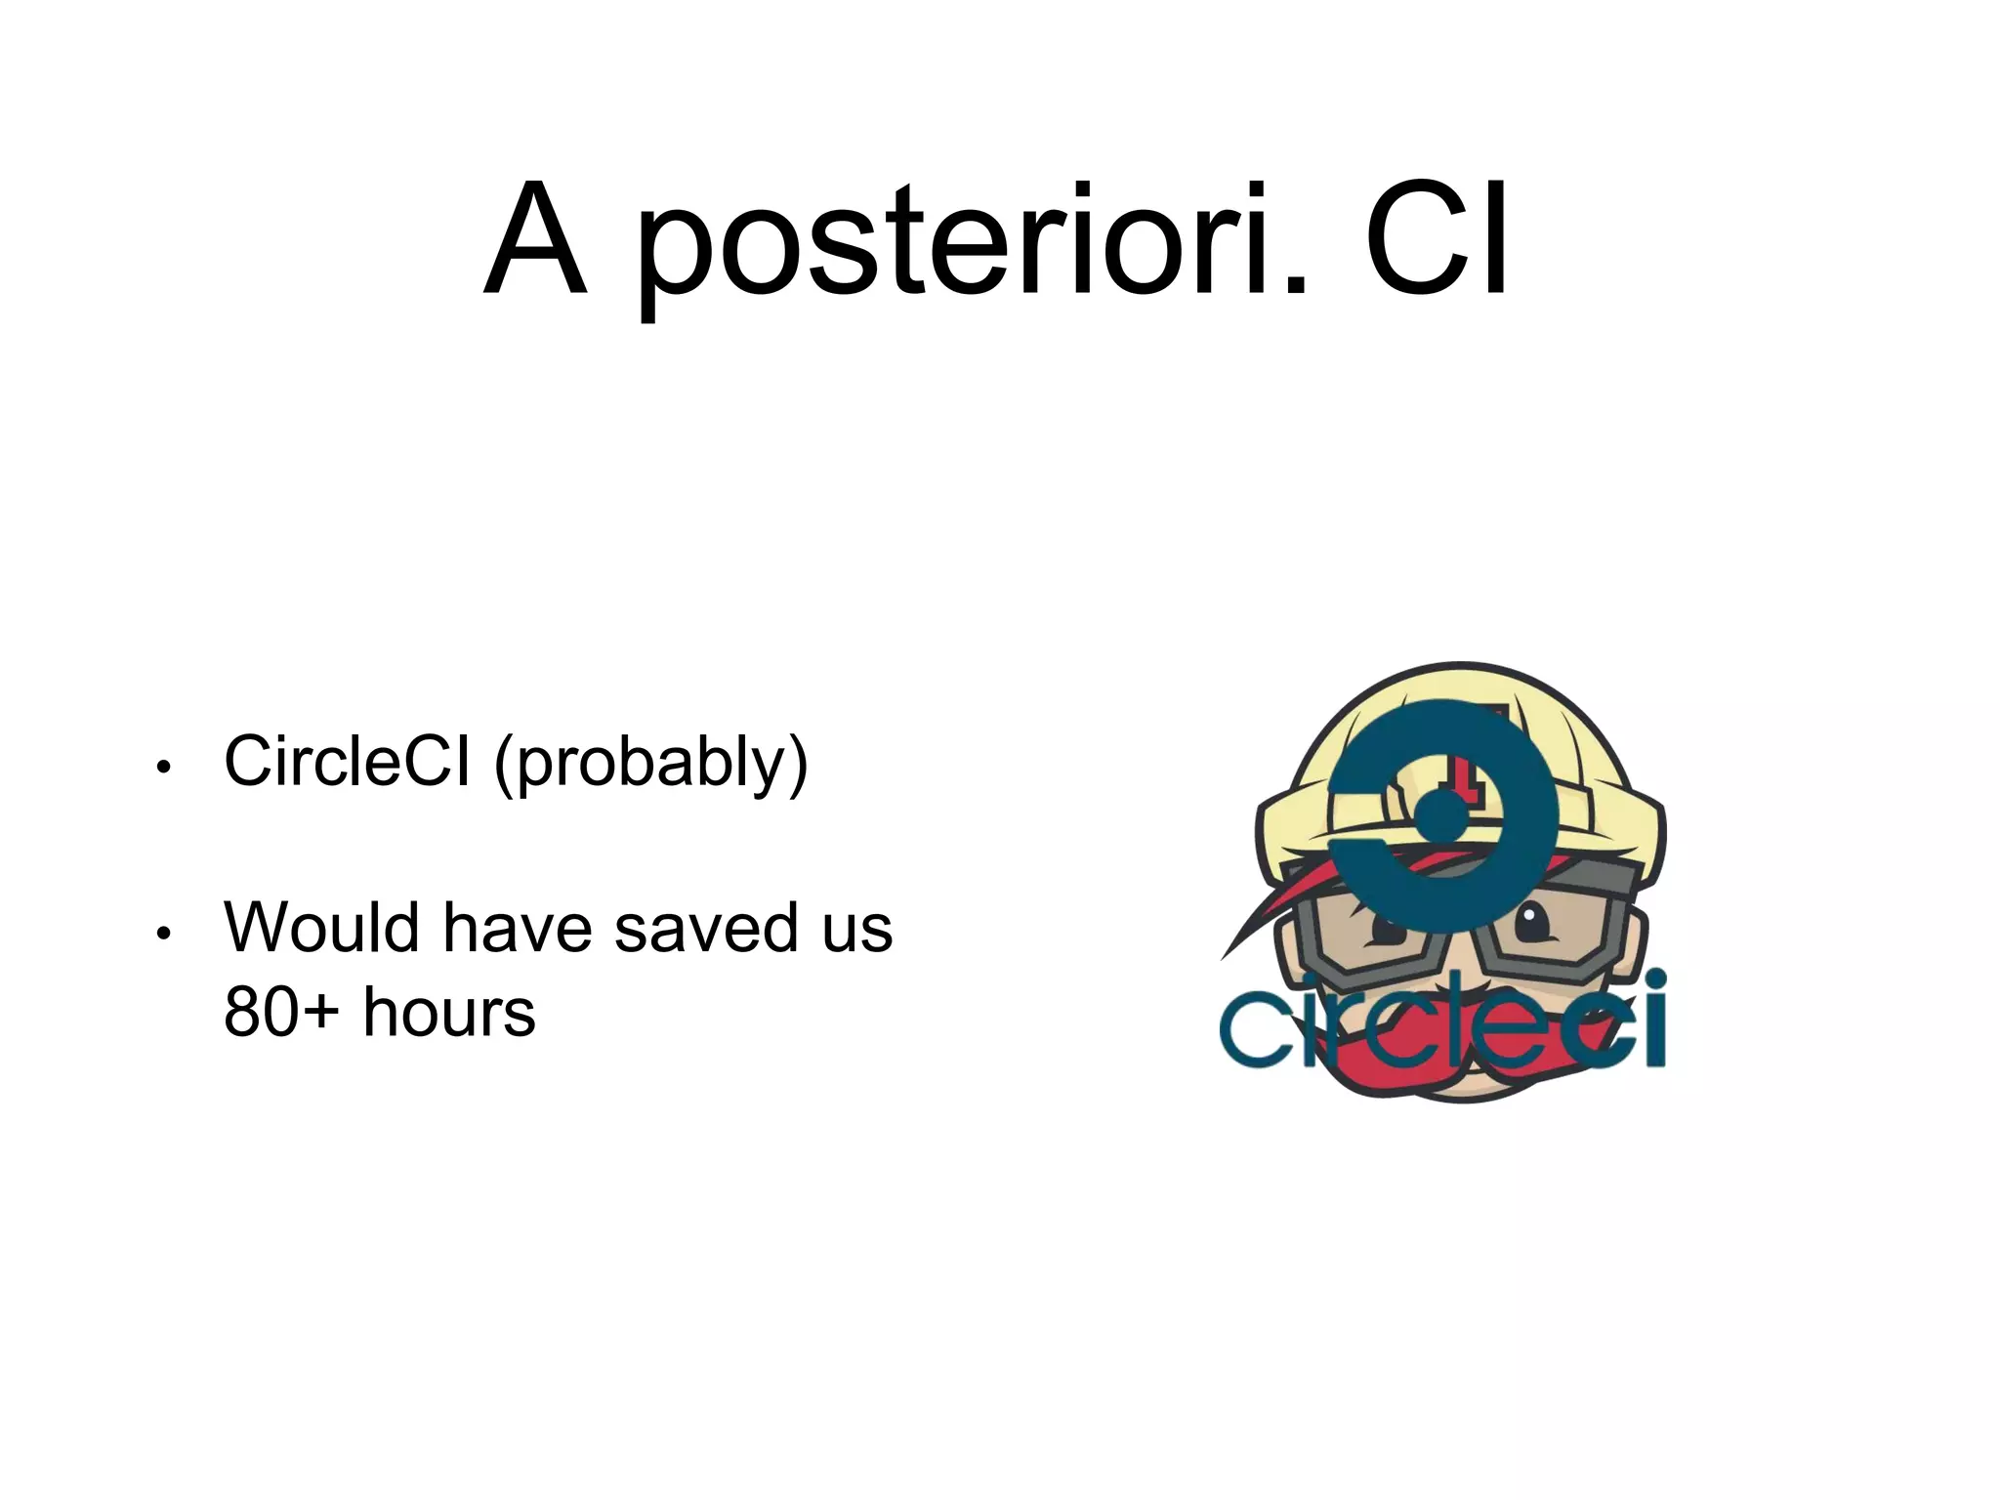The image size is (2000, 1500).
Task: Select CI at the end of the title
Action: (x=1436, y=239)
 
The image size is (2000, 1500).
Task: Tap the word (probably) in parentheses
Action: (x=651, y=764)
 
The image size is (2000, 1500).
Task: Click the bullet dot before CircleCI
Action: (x=164, y=768)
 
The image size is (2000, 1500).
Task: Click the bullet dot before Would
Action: (x=164, y=934)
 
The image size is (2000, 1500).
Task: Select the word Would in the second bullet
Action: (x=323, y=927)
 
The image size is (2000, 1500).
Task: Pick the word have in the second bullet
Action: (x=518, y=927)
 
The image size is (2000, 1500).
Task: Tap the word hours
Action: (x=449, y=1013)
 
